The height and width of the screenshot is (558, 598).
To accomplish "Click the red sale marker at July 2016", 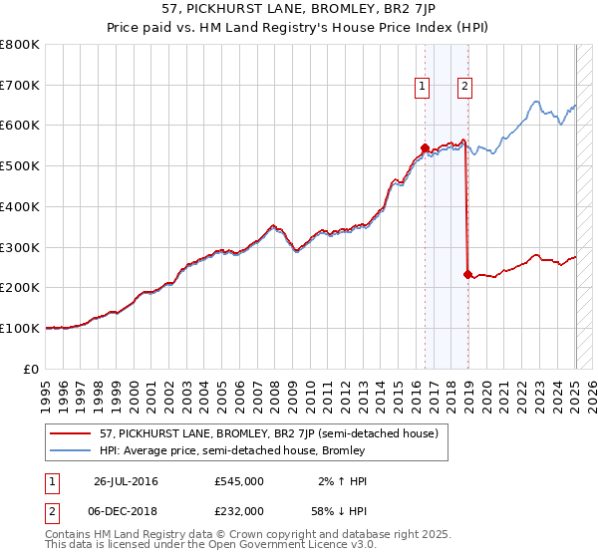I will (425, 147).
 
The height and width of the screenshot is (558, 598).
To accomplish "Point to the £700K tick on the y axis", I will (21, 86).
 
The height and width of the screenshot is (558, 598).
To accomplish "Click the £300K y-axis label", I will (21, 247).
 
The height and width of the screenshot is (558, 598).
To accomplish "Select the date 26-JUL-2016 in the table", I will (127, 481).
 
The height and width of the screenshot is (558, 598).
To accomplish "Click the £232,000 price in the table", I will (238, 510).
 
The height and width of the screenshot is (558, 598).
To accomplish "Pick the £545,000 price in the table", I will (238, 481).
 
